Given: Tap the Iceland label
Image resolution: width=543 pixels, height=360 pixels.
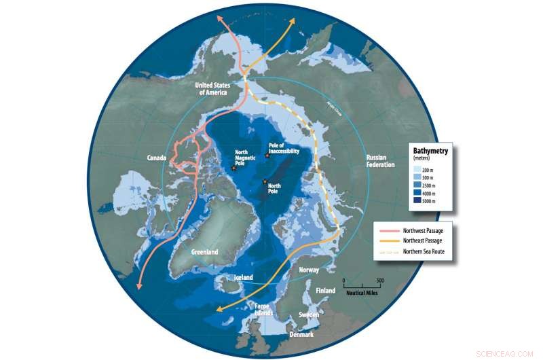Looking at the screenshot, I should [x=242, y=277].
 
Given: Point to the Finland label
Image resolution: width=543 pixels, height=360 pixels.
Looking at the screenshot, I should [x=325, y=291].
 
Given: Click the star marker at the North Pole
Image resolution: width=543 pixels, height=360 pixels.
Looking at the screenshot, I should [x=265, y=181].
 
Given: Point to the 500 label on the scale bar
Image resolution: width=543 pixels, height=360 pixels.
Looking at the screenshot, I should [x=379, y=280].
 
